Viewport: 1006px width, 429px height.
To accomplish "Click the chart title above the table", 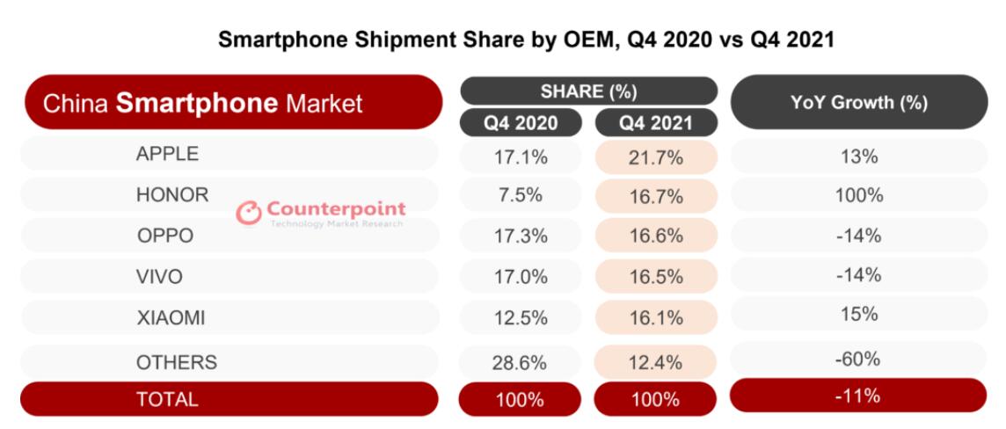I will click(526, 40).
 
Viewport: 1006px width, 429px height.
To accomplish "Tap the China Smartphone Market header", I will click(204, 104).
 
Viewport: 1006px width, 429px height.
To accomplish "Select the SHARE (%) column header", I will click(588, 91).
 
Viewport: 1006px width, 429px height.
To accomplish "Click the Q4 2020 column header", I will click(520, 123).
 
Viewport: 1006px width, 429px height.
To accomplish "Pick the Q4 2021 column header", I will click(655, 123).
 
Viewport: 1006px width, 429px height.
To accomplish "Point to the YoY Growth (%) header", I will click(858, 103).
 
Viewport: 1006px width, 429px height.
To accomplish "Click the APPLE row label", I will click(167, 154).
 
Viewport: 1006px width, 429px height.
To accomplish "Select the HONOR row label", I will click(172, 195).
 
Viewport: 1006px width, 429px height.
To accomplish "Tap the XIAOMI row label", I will click(171, 318).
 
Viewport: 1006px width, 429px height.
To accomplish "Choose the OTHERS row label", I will click(176, 361).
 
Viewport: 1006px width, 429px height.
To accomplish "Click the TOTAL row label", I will click(167, 399).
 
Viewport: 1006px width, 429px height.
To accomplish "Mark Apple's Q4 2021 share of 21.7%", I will click(655, 157).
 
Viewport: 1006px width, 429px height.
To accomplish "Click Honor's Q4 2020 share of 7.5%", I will click(520, 196).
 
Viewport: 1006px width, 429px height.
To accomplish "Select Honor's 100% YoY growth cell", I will click(858, 196).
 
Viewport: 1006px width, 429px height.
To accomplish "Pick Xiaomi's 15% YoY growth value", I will click(858, 314).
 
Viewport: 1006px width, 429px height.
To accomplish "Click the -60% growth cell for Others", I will click(858, 359).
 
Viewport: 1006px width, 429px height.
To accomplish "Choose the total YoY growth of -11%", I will click(858, 396).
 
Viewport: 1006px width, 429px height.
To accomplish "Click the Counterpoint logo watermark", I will click(321, 213).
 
